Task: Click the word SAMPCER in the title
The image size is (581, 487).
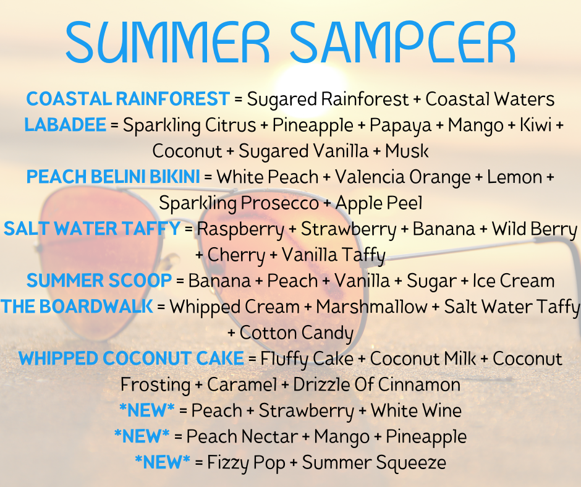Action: tap(403, 42)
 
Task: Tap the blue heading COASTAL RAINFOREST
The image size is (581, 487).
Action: tap(128, 99)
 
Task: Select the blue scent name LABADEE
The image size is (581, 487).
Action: tap(66, 125)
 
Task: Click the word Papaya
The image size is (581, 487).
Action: tap(401, 126)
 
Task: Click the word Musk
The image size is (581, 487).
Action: tap(407, 151)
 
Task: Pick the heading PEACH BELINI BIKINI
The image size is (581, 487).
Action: tap(113, 177)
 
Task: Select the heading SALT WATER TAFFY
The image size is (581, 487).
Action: tap(92, 229)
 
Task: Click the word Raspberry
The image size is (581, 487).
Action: tap(240, 230)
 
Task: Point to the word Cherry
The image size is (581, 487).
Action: tap(236, 256)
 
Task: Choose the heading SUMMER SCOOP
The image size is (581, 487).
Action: tap(100, 281)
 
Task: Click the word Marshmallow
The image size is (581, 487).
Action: tap(371, 307)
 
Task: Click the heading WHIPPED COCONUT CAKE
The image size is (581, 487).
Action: tap(131, 358)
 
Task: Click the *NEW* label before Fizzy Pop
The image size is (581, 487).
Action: tap(163, 462)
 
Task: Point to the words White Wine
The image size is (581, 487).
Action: tap(416, 410)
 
